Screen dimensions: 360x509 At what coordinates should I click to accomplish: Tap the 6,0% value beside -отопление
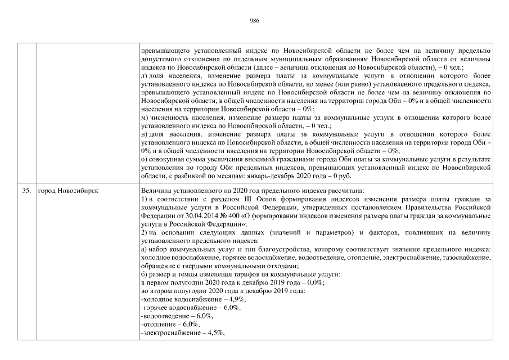click(x=192, y=325)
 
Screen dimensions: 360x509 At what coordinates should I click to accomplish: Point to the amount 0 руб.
click(x=340, y=176)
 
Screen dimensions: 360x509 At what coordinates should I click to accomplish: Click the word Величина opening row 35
click(x=157, y=191)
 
